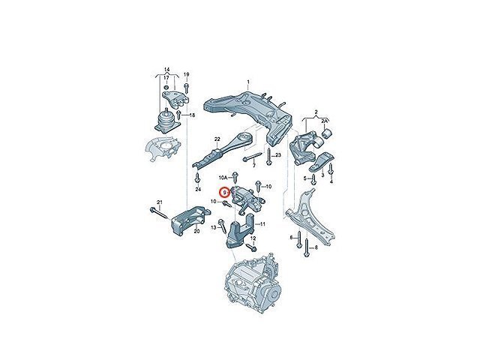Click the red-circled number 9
[224, 193]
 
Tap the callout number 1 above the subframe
[248, 82]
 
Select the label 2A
[325, 121]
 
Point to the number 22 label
[217, 139]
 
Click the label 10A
[223, 177]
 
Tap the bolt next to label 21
[159, 213]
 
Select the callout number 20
[196, 231]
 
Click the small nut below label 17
[166, 88]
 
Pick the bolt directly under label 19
[187, 87]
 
